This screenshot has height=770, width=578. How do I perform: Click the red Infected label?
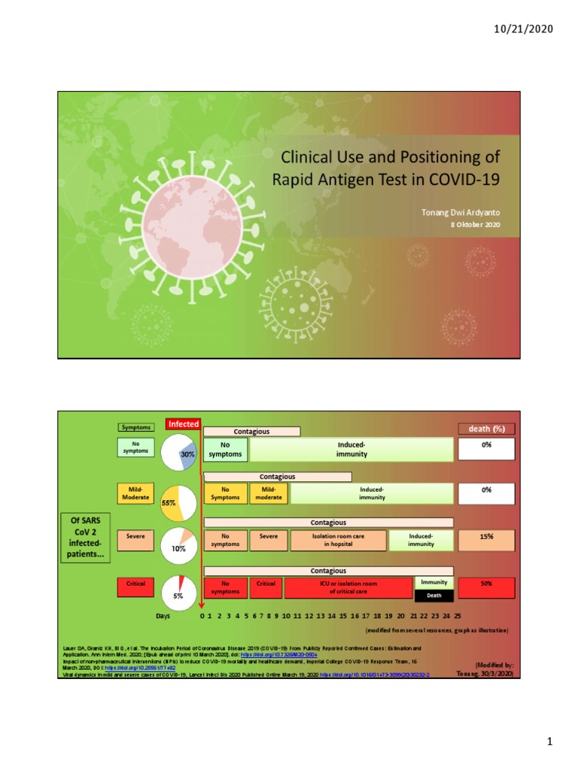(x=183, y=424)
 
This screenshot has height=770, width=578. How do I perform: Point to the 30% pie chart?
(x=180, y=452)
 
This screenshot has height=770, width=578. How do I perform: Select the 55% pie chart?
(x=178, y=499)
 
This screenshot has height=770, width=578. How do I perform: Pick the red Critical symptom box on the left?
(x=136, y=584)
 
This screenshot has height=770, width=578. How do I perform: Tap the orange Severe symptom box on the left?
(x=136, y=538)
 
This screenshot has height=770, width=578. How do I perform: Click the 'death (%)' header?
(x=487, y=429)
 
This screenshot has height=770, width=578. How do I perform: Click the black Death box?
(x=434, y=595)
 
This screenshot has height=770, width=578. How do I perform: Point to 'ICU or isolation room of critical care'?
(x=348, y=587)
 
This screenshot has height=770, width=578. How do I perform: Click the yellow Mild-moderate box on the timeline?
(x=269, y=493)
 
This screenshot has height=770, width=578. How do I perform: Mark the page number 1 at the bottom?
(x=550, y=742)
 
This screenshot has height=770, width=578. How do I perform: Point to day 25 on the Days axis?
(x=457, y=615)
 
